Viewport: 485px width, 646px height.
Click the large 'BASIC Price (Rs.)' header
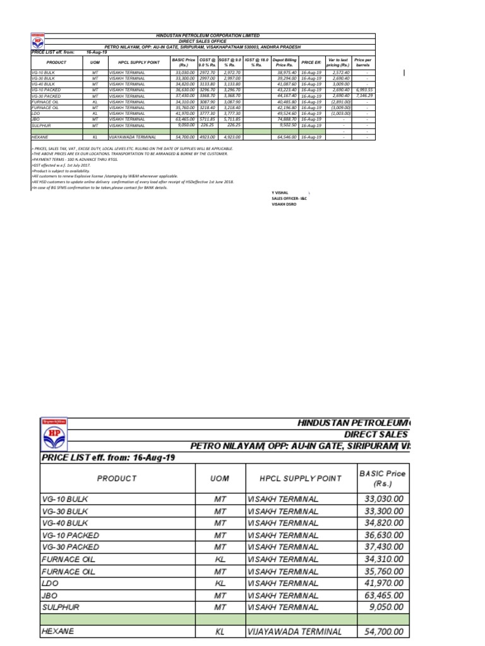(381, 478)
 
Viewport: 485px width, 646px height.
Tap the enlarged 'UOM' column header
(219, 478)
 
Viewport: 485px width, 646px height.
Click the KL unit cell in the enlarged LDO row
(219, 583)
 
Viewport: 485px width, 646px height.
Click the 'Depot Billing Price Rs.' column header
(284, 62)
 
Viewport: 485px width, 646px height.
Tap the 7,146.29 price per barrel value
(364, 96)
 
